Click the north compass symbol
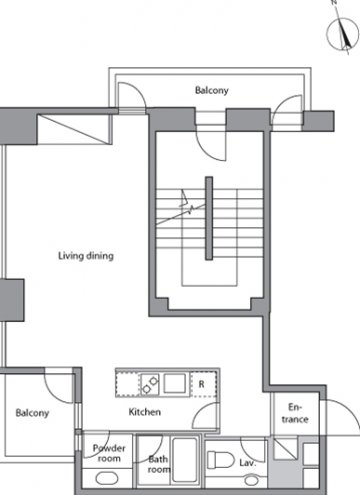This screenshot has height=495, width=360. (x=343, y=34)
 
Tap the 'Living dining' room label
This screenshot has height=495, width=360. (x=86, y=256)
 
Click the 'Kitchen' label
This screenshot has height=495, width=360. (x=145, y=412)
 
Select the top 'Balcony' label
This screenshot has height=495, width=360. (x=212, y=90)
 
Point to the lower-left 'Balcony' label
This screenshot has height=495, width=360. (x=32, y=413)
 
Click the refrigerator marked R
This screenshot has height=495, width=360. (x=203, y=384)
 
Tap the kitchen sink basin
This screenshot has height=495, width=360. (x=174, y=383)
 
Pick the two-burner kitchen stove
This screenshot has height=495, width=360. (x=150, y=384)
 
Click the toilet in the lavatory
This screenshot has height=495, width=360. (x=220, y=460)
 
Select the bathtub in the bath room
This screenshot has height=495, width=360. (x=185, y=460)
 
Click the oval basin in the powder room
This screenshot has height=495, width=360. (x=107, y=479)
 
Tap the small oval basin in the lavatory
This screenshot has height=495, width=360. (x=251, y=480)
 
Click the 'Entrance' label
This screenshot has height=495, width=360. (x=295, y=413)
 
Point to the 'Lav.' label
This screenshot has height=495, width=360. (x=247, y=463)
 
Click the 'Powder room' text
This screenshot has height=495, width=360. (x=109, y=453)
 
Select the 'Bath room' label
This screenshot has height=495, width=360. (x=159, y=464)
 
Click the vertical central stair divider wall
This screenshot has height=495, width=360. (x=209, y=218)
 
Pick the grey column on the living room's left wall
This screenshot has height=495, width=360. (x=12, y=300)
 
